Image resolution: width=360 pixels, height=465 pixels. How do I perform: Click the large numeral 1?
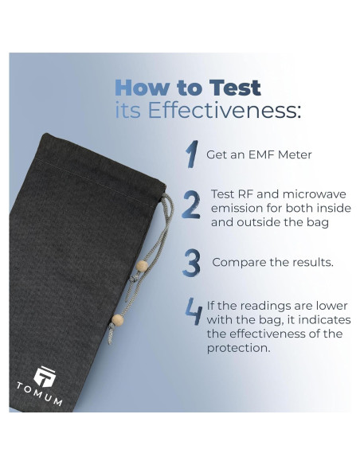coord(191,154)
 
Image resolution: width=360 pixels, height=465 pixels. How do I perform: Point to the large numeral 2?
coord(191,205)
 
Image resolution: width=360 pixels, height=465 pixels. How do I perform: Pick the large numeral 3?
coord(191,262)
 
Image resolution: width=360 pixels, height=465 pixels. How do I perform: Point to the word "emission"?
coord(237,209)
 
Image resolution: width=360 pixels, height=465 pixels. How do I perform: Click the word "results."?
coord(310,261)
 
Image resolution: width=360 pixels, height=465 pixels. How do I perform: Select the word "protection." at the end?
coord(238,348)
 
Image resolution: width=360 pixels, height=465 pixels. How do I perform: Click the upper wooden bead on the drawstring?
coord(143,267)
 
